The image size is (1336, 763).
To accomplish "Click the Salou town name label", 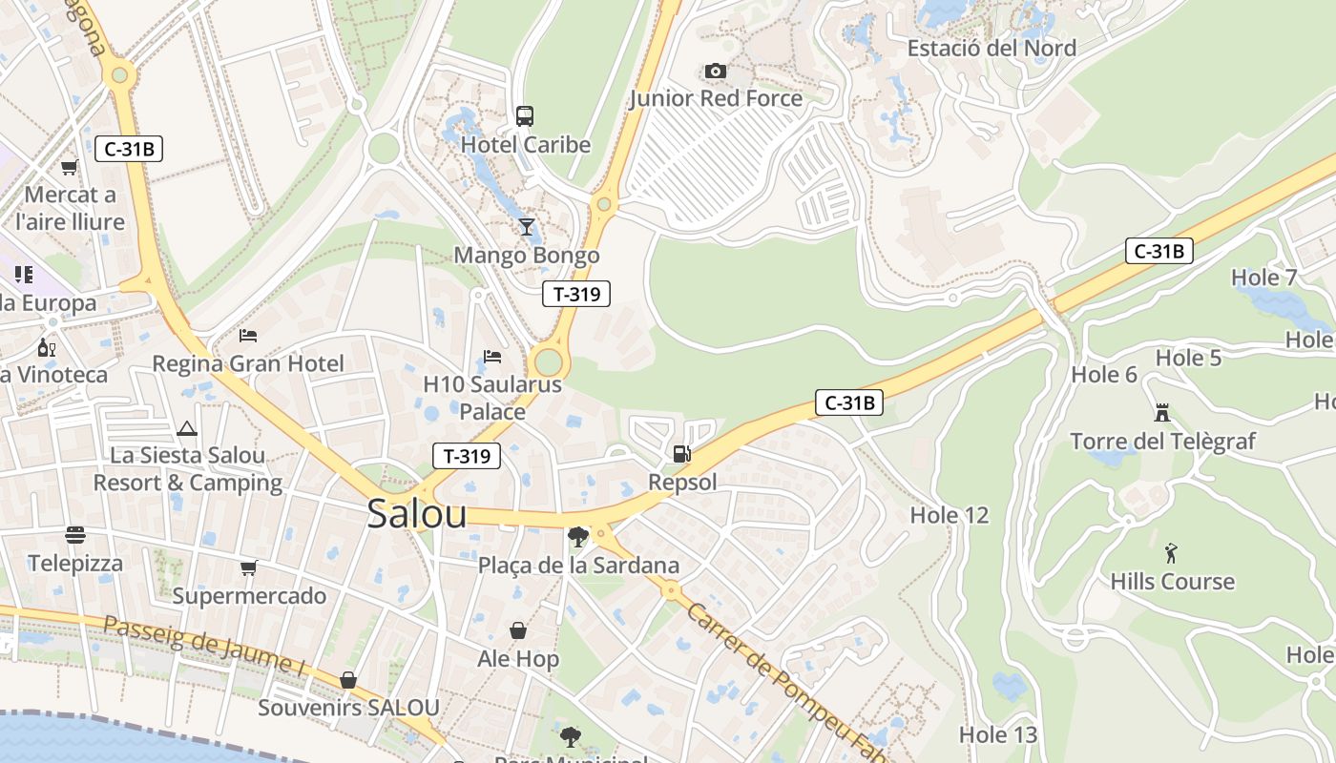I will (x=417, y=514).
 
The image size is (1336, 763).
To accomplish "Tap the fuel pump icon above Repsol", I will (x=681, y=454).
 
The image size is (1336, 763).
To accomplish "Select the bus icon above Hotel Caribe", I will (x=525, y=116).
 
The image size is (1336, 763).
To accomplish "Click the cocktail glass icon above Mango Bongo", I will (x=526, y=227).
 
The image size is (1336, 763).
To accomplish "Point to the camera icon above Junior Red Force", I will (x=715, y=71).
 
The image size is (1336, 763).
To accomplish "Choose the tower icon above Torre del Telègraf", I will (x=1161, y=413).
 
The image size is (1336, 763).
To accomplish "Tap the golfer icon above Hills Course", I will (x=1171, y=553).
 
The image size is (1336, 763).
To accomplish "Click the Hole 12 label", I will (x=949, y=516).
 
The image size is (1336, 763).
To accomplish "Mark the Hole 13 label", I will (x=997, y=734).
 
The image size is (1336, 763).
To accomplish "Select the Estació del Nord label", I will (x=992, y=48).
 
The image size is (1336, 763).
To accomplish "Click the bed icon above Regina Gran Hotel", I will (x=248, y=336).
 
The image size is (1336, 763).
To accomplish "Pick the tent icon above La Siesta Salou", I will (x=186, y=428).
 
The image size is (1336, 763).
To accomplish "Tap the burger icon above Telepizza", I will (x=75, y=535).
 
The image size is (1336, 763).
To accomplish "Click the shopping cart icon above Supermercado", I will (x=249, y=568).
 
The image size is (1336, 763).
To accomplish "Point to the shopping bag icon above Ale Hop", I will (x=518, y=630).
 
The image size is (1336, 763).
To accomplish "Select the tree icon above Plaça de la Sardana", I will (x=577, y=537).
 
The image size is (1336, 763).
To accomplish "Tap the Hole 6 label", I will (x=1104, y=374).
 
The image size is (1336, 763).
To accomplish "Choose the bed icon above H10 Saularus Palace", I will (x=492, y=357).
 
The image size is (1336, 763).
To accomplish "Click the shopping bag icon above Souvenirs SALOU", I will (x=348, y=680).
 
